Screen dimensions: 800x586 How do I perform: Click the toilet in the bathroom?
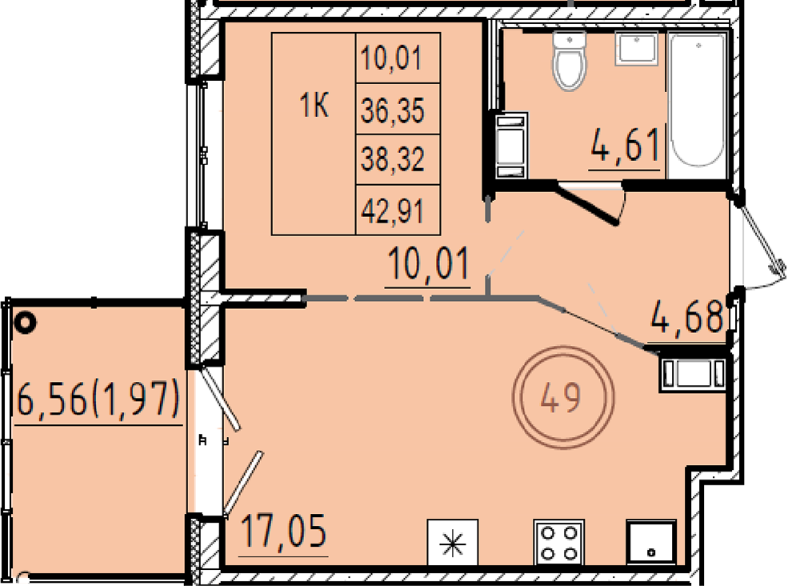569,61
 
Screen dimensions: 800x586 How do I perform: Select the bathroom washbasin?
636,48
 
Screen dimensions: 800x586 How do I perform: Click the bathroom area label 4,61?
625,145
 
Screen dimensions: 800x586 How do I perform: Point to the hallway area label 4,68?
687,317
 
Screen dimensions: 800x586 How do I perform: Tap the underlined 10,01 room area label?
428,264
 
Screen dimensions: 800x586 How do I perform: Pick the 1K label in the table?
314,106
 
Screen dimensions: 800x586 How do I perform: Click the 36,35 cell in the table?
393,110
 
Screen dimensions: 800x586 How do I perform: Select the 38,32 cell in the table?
393,159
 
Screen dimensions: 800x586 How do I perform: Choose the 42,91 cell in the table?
393,210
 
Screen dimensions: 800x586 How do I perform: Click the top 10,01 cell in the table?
392,58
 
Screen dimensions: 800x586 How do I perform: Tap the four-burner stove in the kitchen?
558,543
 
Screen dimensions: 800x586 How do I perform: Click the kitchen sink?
651,543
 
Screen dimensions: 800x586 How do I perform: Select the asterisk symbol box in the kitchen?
453,543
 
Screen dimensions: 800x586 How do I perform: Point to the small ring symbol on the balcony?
25,322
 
